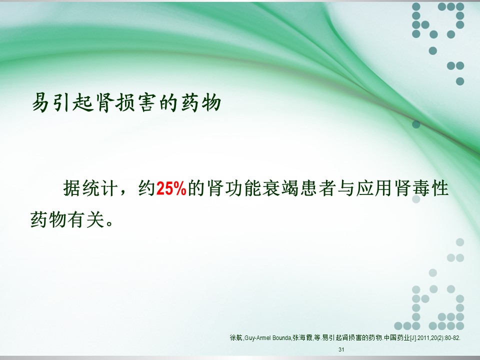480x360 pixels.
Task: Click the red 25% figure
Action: (171, 188)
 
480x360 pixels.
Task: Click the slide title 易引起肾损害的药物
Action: (126, 102)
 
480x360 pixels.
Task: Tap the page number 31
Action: (341, 349)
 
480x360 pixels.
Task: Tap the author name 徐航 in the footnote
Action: (236, 338)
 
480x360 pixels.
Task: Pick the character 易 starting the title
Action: (41, 102)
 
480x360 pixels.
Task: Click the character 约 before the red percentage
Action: (147, 188)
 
